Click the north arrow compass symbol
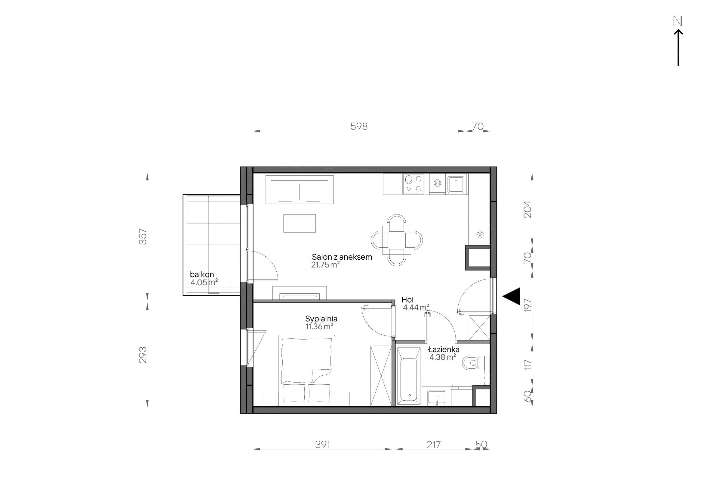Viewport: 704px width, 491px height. [x=678, y=42]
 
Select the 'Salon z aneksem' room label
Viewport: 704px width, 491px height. [x=342, y=257]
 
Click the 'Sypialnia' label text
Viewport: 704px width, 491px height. [x=321, y=319]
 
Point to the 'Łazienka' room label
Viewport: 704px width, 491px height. [x=444, y=349]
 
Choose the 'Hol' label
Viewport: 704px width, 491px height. [x=407, y=300]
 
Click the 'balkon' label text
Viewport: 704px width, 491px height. [x=202, y=274]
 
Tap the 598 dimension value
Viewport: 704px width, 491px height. [x=359, y=126]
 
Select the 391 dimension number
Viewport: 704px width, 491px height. [x=323, y=444]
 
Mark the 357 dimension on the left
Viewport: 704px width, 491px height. [x=143, y=236]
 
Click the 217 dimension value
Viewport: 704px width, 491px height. [x=434, y=445]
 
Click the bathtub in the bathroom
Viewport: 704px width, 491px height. [x=409, y=377]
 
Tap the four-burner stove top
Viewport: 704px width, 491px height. [x=413, y=184]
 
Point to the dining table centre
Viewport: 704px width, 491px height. [x=397, y=240]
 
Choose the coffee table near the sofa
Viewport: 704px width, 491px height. [x=300, y=224]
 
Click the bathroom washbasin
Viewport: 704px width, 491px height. [x=437, y=398]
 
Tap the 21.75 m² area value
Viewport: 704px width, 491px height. [x=325, y=265]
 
